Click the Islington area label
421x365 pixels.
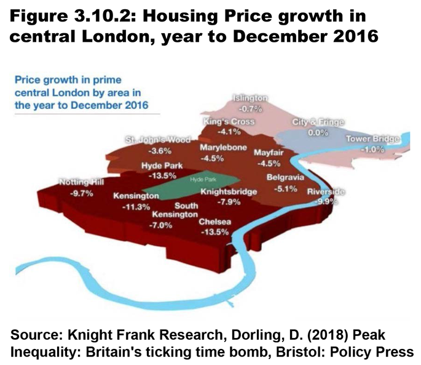250,98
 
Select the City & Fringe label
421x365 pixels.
318,122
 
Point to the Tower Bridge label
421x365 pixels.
373,139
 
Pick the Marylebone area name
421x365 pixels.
224,148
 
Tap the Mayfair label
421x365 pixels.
268,152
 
